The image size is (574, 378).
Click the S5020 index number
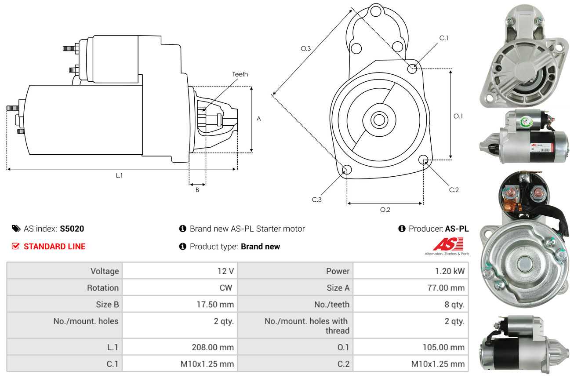72,229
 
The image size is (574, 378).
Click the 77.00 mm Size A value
447,288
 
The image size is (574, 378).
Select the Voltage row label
105,271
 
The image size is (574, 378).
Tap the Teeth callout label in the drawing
240,74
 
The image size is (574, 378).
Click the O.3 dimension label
306,49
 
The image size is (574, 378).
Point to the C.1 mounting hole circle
412,69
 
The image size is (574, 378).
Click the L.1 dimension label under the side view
119,175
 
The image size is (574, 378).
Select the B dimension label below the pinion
197,190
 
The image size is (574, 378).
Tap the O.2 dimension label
385,210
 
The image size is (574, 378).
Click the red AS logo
448,244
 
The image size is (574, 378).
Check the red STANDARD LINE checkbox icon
16,246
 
